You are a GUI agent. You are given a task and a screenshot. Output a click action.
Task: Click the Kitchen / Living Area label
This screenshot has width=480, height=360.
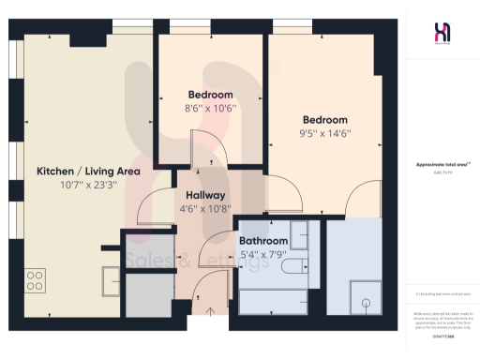(88, 172)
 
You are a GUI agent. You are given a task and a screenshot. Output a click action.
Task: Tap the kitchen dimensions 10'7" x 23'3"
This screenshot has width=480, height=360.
(88, 187)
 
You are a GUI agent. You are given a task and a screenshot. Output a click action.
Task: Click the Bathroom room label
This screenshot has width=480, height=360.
(263, 240)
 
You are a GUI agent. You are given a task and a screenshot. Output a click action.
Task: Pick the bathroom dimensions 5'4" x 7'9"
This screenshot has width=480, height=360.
(263, 253)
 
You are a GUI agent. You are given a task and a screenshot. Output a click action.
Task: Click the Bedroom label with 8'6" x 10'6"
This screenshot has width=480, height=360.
(210, 95)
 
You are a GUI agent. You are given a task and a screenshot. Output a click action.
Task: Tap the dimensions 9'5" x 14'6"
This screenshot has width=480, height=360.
(324, 134)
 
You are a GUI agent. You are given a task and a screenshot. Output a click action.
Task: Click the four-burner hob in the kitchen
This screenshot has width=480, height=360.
(36, 279)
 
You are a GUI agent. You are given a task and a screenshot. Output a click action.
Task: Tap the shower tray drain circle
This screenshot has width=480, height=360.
(366, 303)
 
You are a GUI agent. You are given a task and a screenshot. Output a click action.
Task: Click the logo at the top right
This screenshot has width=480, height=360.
(441, 32)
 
